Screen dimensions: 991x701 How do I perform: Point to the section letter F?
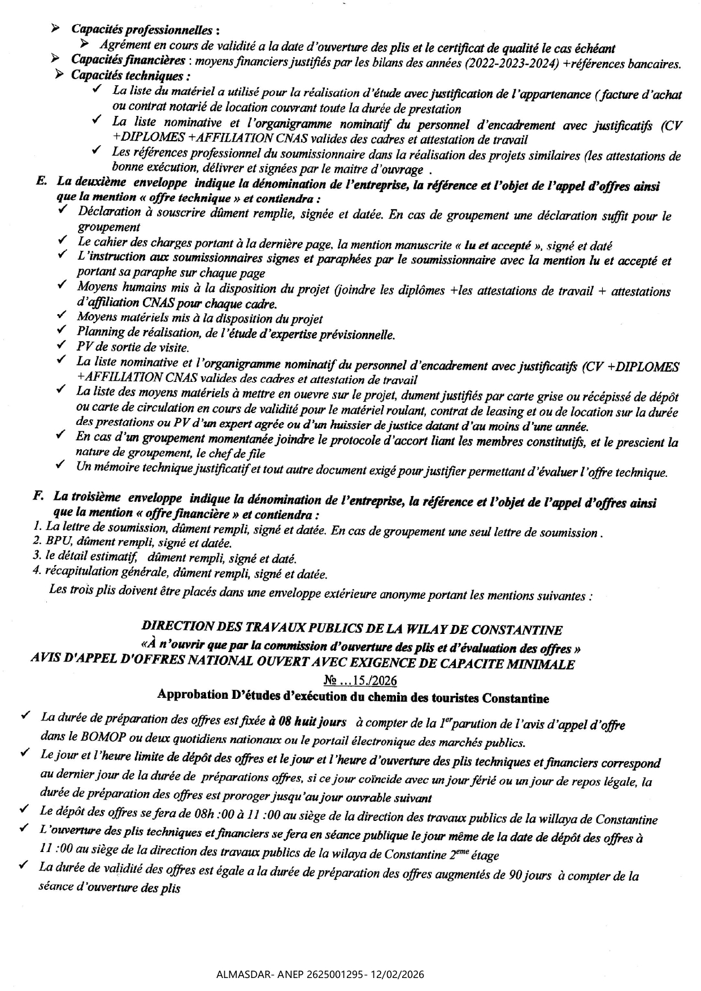click(38, 496)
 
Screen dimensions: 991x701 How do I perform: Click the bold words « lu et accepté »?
click(497, 246)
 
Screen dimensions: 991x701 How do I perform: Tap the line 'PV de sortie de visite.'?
click(133, 347)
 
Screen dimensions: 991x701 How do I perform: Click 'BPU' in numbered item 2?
click(56, 543)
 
